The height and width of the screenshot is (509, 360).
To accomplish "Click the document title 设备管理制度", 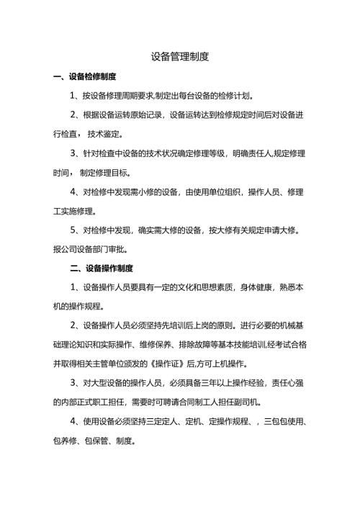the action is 180,55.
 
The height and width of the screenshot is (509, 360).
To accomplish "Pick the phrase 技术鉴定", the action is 105,134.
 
